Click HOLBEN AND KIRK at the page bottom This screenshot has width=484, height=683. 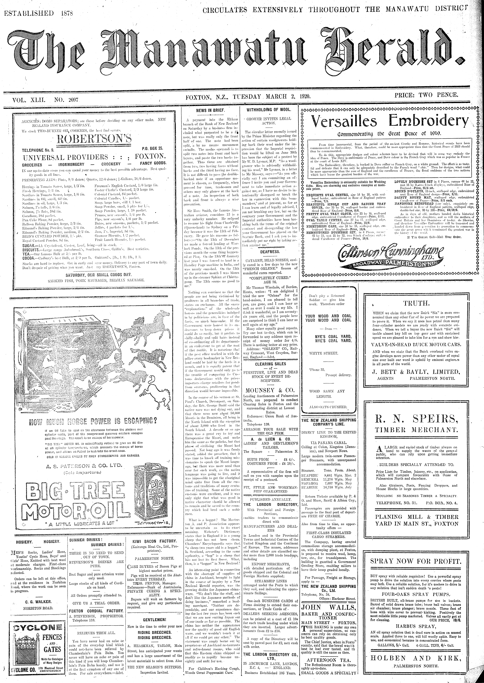[x=416, y=665]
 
